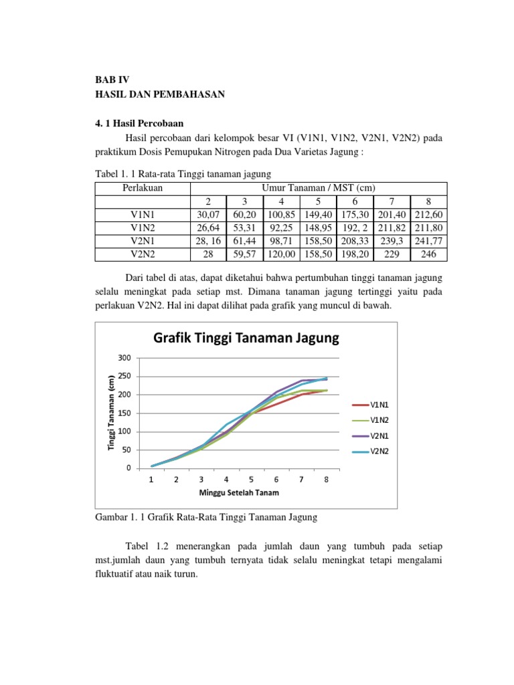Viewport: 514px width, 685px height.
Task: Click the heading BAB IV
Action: coord(111,78)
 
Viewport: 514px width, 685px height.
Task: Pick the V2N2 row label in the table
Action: coord(139,254)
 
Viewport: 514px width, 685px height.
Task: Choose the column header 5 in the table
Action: coord(319,201)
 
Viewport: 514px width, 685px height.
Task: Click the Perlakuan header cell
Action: coord(139,189)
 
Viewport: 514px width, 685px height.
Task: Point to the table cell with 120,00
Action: coord(282,254)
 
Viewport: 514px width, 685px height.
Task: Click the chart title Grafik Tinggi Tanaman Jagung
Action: coord(246,338)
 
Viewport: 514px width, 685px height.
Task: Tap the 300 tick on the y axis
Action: coord(124,357)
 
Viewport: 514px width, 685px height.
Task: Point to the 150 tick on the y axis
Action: coord(124,413)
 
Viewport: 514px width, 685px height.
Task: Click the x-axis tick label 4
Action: coord(226,480)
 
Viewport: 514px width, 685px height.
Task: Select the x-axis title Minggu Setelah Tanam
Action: coord(239,493)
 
